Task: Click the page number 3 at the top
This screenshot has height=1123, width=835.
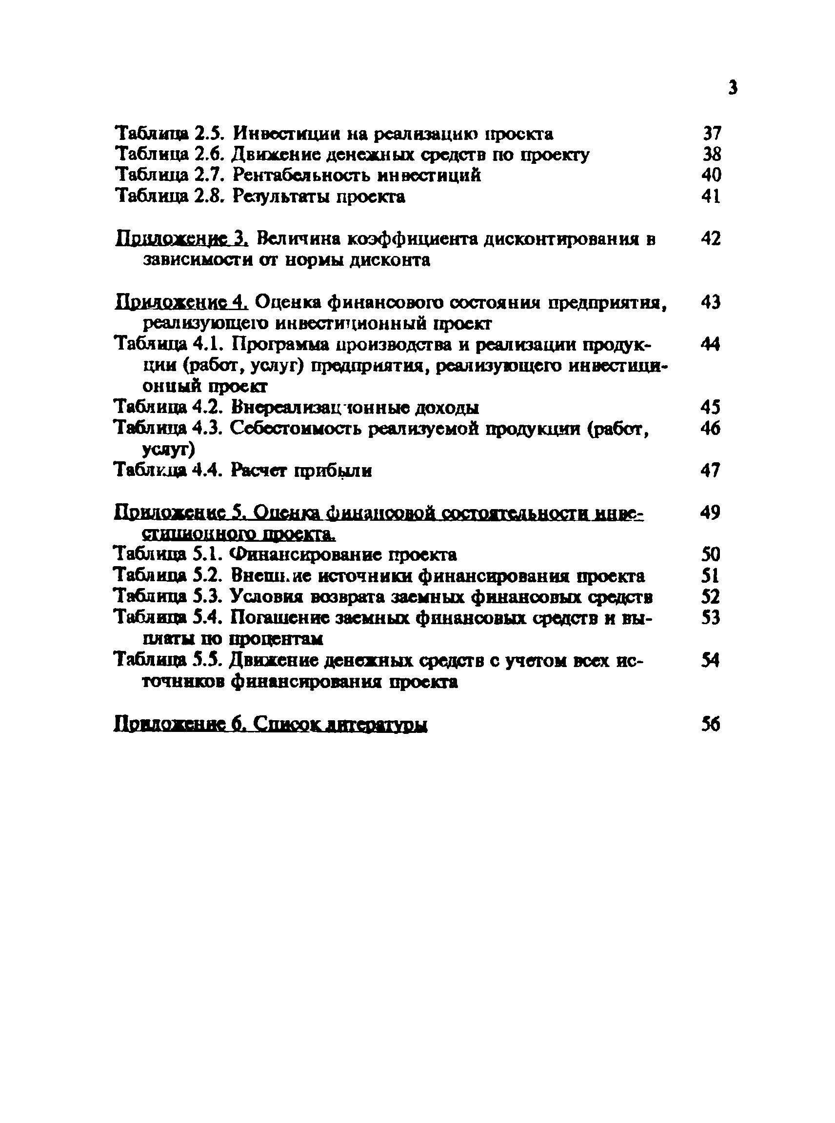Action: (733, 88)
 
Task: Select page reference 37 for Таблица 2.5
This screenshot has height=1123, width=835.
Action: (712, 134)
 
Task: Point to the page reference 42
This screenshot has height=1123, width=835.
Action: (711, 238)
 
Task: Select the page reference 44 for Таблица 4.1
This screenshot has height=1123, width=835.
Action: (711, 345)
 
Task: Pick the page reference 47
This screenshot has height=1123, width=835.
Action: (711, 471)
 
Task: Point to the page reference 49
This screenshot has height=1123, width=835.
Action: (711, 512)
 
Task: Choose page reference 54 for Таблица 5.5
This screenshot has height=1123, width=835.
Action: (711, 661)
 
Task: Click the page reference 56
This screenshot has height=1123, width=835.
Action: (711, 724)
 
